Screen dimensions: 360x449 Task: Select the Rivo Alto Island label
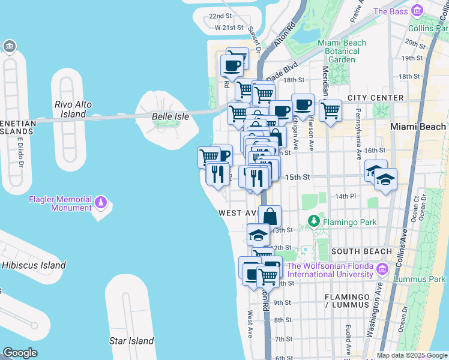pyautogui.click(x=73, y=109)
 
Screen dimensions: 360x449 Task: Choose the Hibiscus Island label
pyautogui.click(x=34, y=265)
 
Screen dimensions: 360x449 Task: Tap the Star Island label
pyautogui.click(x=131, y=341)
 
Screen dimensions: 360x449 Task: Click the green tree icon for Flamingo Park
pyautogui.click(x=313, y=222)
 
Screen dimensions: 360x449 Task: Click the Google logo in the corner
pyautogui.click(x=20, y=353)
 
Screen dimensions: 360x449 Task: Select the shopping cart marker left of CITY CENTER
pyautogui.click(x=330, y=110)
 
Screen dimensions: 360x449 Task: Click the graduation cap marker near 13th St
pyautogui.click(x=258, y=233)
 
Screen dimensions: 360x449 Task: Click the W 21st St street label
pyautogui.click(x=229, y=28)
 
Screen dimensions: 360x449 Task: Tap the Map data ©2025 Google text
pyautogui.click(x=412, y=355)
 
